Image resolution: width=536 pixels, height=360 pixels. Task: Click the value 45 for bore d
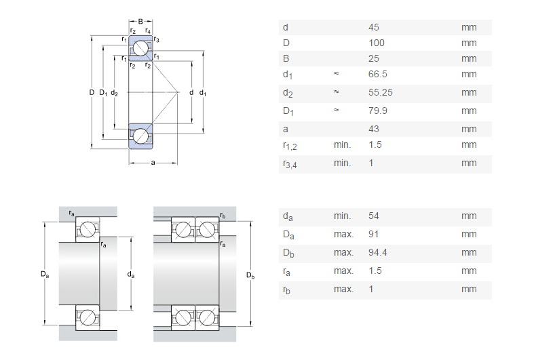[x=373, y=28]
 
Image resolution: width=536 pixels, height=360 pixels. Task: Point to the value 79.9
[x=377, y=111]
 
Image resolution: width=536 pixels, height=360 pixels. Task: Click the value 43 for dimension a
[x=373, y=129]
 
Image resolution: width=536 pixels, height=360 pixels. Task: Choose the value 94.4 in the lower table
[x=377, y=253]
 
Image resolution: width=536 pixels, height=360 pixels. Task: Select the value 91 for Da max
[x=373, y=235]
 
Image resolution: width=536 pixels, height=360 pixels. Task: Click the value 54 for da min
[x=373, y=216]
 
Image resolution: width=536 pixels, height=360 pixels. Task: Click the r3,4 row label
[x=288, y=163]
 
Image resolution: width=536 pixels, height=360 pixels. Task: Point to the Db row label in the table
[x=288, y=253]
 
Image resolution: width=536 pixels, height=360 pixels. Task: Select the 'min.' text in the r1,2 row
[x=342, y=144]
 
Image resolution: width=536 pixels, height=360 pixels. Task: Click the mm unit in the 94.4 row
[x=469, y=253]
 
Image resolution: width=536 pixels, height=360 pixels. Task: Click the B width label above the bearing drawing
[x=140, y=21]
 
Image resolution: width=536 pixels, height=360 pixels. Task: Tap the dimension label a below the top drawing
[x=153, y=163]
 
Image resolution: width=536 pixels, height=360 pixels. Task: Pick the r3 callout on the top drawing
[x=157, y=40]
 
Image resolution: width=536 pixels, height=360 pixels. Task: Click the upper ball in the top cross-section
[x=141, y=48]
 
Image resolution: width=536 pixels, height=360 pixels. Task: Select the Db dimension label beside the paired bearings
[x=250, y=276]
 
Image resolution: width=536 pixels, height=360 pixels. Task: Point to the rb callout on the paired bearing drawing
[x=223, y=216]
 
